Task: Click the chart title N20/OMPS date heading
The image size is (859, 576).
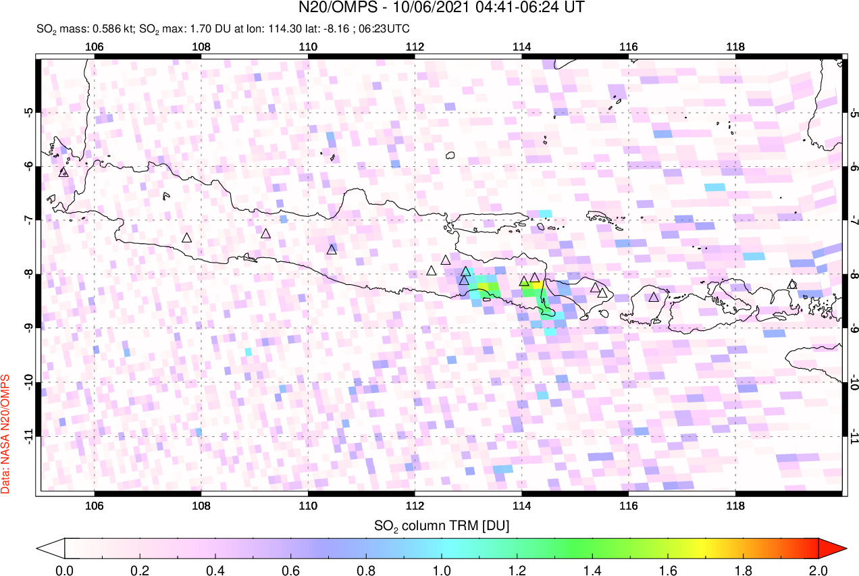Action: [x=442, y=8]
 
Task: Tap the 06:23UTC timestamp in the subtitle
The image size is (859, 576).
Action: [x=388, y=29]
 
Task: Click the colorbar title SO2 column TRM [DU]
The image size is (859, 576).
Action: [x=442, y=525]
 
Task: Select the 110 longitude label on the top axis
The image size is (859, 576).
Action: [x=308, y=47]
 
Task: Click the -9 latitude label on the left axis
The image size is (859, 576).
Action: [x=29, y=328]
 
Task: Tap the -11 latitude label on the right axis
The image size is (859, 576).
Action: [x=854, y=436]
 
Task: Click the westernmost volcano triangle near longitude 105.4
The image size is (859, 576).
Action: [x=64, y=172]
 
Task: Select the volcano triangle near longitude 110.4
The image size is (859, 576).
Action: [x=332, y=249]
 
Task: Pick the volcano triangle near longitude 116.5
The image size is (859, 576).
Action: [x=654, y=296]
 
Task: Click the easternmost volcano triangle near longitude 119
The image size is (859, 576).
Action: [x=792, y=284]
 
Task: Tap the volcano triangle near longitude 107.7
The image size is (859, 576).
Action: [x=187, y=238]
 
